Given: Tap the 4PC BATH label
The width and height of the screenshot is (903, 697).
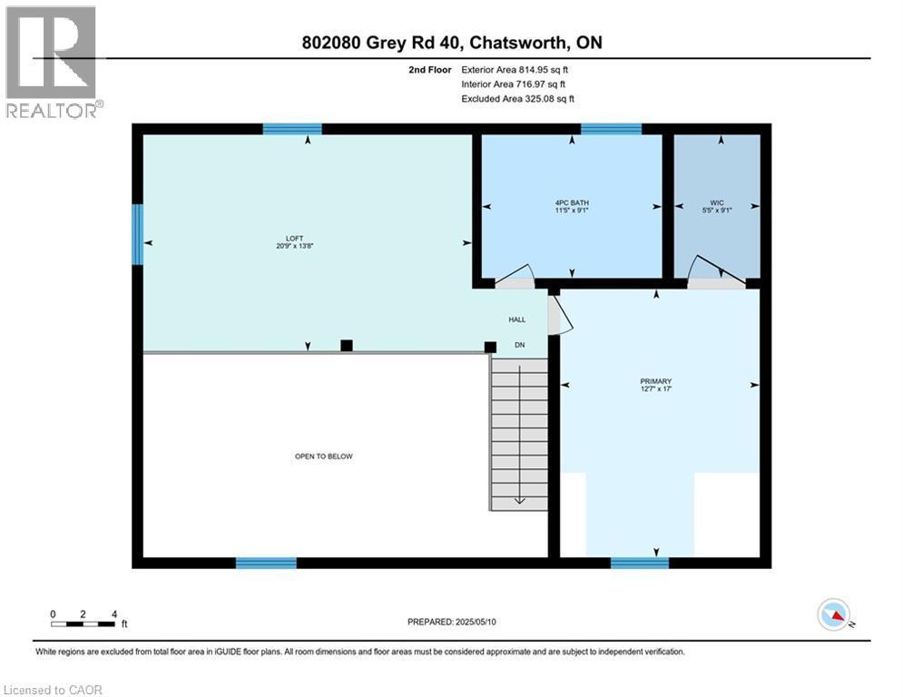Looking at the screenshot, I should [x=572, y=205].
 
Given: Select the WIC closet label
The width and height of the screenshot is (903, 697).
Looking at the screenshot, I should [x=717, y=205].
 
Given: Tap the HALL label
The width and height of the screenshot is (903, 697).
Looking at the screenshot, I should [x=516, y=319].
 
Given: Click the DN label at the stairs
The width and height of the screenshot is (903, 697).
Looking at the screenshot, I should [x=520, y=345].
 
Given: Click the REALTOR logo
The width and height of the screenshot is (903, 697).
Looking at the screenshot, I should [x=53, y=62].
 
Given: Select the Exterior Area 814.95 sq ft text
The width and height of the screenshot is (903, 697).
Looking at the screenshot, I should [x=517, y=69].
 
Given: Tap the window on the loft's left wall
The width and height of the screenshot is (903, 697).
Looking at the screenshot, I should [x=138, y=234].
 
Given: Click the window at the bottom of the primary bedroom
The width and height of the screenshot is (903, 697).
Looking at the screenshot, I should [x=640, y=563].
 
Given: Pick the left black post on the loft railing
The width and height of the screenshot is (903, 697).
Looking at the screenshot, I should [x=346, y=345].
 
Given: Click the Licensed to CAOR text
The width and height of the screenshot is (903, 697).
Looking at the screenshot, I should [x=54, y=690].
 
